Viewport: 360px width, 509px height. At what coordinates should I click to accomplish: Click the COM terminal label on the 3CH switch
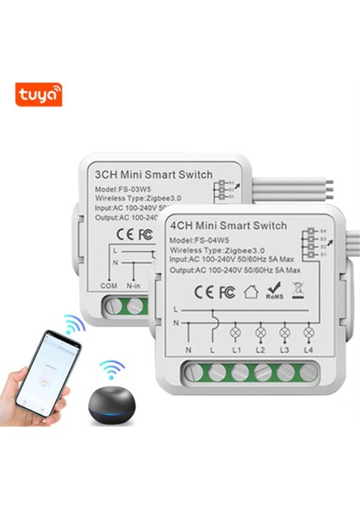tap(109, 287)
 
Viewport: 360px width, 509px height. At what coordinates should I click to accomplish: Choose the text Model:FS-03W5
tap(118, 188)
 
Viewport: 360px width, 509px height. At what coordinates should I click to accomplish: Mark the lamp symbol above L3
tap(284, 332)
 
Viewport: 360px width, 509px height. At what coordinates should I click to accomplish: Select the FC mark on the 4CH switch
tap(225, 291)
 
